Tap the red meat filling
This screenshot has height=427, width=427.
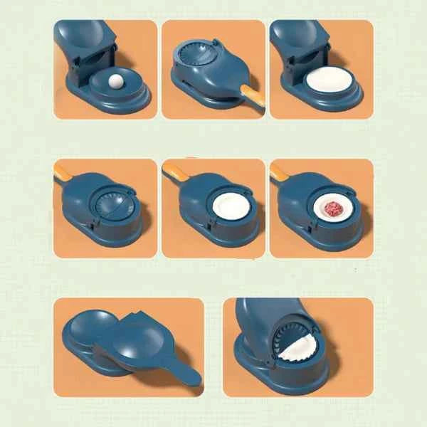tap(332, 209)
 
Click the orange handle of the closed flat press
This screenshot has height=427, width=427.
tap(252, 94)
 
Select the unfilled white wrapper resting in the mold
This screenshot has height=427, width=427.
tap(231, 206)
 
